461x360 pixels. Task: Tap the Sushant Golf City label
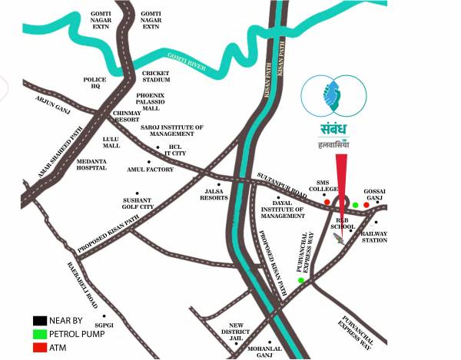coord(138,203)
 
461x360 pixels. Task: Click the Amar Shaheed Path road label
coord(53,154)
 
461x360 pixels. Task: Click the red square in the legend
coord(38,348)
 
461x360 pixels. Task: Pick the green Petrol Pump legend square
coord(38,334)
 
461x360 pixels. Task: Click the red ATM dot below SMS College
coord(327,203)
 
